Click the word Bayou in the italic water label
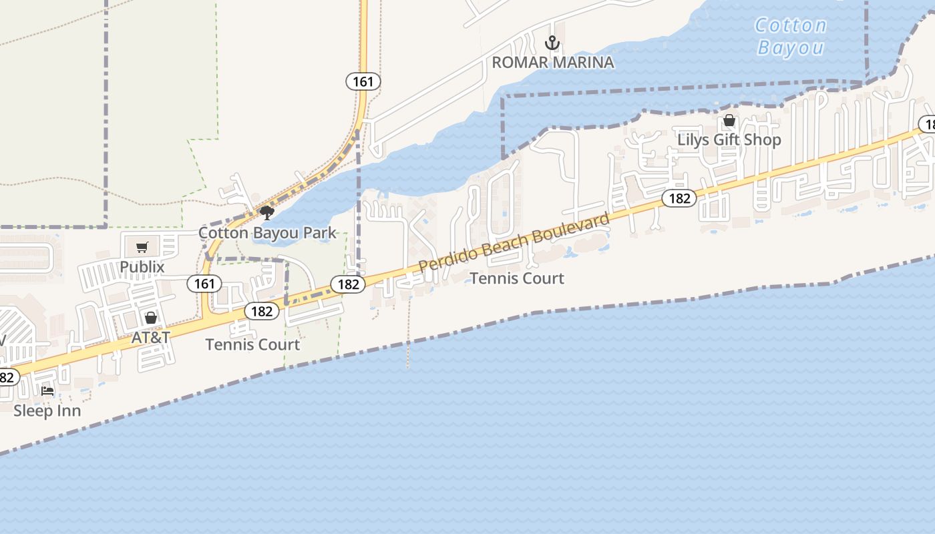(791, 48)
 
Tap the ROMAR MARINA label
(553, 63)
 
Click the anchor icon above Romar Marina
(552, 43)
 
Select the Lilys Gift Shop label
(729, 140)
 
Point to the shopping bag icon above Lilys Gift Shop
(729, 121)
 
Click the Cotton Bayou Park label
(267, 233)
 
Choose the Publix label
(142, 267)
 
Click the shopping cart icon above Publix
(142, 248)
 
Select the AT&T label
(151, 337)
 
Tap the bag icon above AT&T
(151, 318)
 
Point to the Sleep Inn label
(47, 411)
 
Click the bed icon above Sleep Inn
(47, 391)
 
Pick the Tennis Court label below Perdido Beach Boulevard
(517, 278)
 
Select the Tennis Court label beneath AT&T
(252, 345)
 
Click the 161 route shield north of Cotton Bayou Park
(363, 81)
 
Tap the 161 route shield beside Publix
(204, 284)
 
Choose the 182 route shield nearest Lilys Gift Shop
(679, 198)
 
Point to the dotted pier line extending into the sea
(407, 347)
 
